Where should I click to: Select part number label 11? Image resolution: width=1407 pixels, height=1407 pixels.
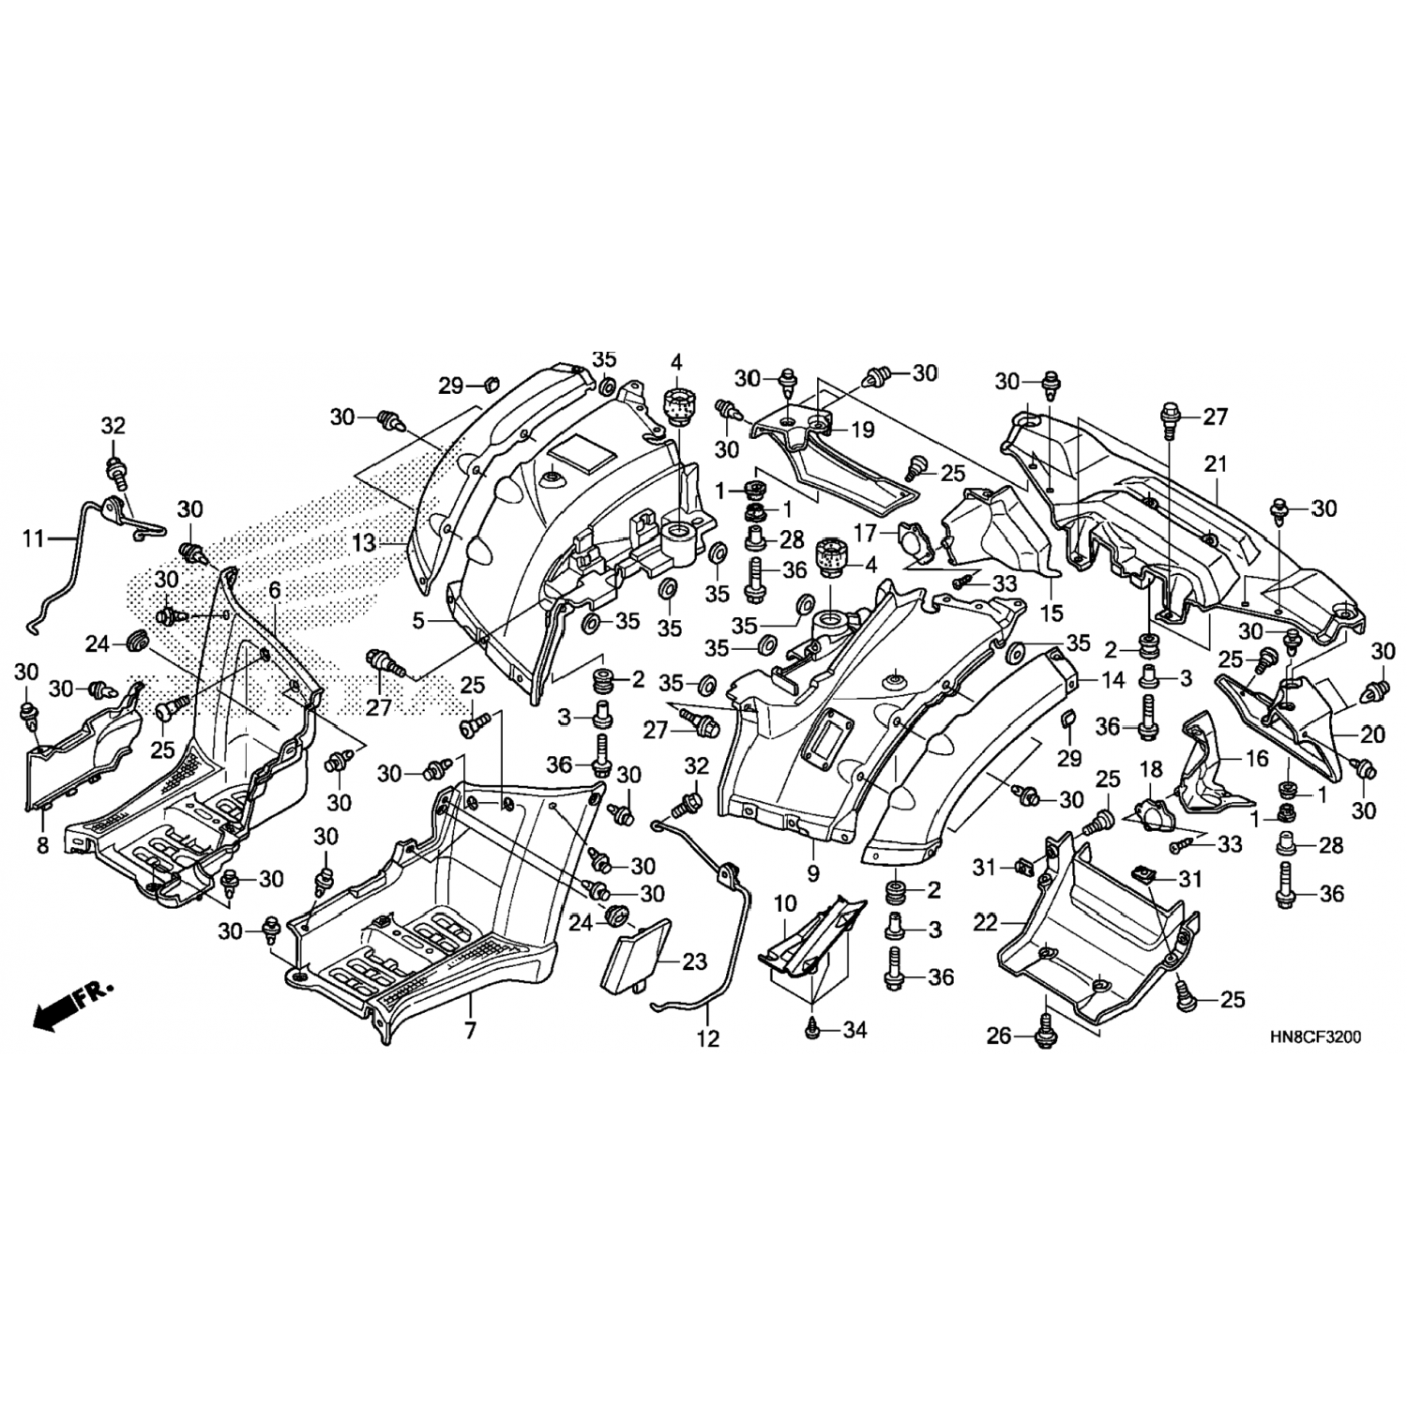click(34, 538)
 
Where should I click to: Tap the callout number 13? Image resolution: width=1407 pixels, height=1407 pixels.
click(364, 541)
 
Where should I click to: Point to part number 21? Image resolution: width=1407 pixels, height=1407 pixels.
click(1216, 463)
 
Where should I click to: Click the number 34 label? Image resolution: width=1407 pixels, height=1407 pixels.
click(855, 1030)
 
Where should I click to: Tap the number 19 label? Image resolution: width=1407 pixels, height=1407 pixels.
click(862, 430)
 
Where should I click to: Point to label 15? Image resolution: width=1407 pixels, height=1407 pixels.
click(1051, 614)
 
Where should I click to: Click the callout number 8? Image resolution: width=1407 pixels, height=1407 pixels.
click(42, 845)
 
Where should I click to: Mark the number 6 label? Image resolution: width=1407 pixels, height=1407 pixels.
click(274, 590)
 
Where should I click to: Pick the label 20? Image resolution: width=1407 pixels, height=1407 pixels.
click(1371, 735)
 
